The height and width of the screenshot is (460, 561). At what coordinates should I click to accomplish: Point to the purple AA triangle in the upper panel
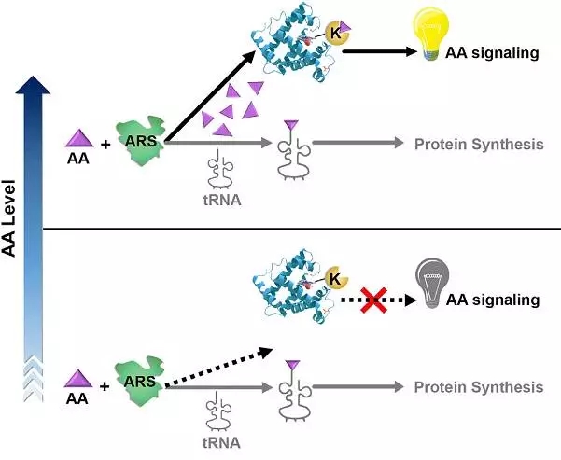[x=78, y=139]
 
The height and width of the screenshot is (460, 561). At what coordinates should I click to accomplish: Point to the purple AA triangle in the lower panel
[x=78, y=378]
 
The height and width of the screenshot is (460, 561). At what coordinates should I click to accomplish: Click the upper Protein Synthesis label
[x=479, y=145]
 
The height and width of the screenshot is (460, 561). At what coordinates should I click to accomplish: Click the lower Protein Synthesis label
[x=479, y=387]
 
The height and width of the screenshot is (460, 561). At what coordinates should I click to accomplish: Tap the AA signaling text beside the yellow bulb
[x=493, y=52]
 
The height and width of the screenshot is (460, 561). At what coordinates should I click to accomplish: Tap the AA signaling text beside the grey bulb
[x=493, y=300]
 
